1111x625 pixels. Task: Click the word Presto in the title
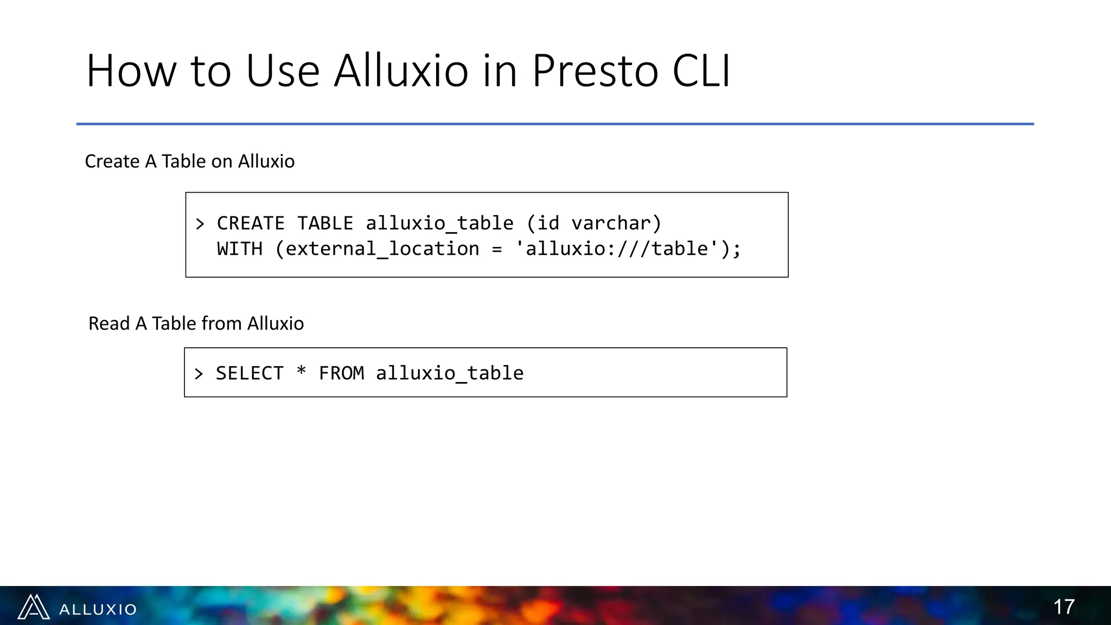click(x=595, y=71)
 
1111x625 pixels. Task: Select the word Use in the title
click(x=283, y=71)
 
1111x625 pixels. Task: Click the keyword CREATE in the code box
click(x=251, y=224)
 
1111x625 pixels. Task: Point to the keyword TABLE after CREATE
click(x=325, y=224)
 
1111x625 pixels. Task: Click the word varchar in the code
click(x=611, y=224)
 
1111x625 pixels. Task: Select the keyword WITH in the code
click(x=239, y=249)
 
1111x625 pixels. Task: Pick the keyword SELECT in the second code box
click(x=250, y=373)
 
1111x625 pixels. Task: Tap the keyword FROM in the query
click(x=341, y=373)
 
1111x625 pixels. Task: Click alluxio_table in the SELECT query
click(x=450, y=373)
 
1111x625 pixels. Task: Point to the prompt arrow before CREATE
click(x=200, y=224)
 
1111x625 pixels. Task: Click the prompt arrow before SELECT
click(x=199, y=374)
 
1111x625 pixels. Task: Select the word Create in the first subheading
click(x=112, y=161)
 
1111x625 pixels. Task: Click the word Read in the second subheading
click(x=109, y=323)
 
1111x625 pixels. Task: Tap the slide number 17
click(x=1063, y=607)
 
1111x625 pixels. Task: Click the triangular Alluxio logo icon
click(x=34, y=607)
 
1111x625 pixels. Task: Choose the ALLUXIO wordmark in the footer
click(x=98, y=609)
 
